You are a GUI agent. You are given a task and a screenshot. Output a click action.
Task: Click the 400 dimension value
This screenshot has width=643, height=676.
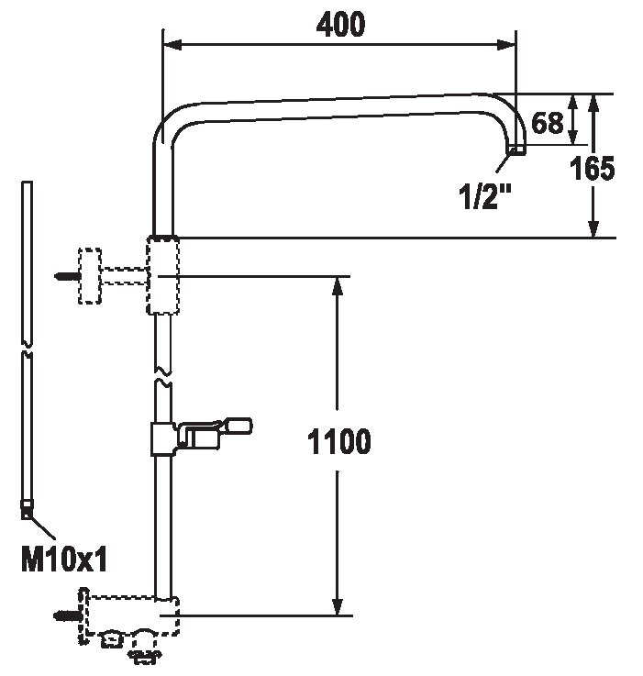[340, 24]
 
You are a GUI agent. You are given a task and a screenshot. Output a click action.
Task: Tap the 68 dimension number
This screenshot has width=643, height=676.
[548, 122]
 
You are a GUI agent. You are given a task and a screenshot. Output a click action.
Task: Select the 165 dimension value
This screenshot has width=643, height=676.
[593, 168]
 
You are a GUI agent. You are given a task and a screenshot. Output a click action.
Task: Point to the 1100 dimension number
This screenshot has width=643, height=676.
[339, 441]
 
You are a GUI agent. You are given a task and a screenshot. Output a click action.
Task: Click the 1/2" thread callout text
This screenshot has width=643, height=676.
[485, 196]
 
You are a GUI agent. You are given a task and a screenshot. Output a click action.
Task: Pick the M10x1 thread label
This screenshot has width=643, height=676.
[64, 560]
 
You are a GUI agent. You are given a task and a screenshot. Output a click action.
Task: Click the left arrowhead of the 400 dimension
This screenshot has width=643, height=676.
[172, 44]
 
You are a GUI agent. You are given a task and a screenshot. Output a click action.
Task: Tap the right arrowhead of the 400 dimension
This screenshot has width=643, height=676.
[506, 44]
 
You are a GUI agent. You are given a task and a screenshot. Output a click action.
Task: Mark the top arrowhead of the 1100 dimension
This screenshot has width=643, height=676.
[338, 286]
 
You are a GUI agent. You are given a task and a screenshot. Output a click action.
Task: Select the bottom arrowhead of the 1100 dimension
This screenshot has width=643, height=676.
[338, 605]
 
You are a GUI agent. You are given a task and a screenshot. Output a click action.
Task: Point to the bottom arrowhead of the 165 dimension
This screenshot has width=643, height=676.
[593, 228]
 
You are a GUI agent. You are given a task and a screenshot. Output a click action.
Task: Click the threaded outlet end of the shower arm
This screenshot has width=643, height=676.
[517, 150]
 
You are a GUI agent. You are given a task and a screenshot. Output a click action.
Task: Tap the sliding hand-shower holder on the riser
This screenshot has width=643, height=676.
[201, 436]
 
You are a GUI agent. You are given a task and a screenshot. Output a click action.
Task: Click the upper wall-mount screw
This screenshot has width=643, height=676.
[68, 276]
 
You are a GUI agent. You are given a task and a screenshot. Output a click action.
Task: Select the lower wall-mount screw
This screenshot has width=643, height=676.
[68, 615]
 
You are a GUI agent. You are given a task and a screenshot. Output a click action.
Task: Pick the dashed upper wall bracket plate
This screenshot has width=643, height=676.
[90, 276]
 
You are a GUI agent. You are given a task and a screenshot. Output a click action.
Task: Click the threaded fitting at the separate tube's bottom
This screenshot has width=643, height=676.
[28, 510]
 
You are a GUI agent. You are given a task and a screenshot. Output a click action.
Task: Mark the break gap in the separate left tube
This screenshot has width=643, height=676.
[28, 349]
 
